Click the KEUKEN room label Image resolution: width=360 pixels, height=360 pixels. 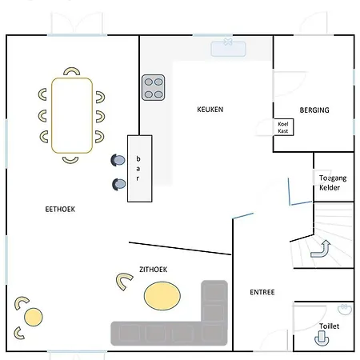point(210,110)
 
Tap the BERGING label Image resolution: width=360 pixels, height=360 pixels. point(314,110)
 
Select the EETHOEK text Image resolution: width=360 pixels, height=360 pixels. point(60,210)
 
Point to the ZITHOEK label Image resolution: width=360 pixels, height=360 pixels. point(154,270)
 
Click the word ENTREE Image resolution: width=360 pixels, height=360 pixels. point(262,292)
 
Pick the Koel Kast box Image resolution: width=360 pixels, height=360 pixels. point(284,127)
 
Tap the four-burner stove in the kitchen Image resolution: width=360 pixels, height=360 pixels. point(153,87)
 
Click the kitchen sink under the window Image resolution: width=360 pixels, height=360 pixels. point(228,49)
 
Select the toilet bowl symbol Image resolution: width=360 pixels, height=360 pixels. point(322,338)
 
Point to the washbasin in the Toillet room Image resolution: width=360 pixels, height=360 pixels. point(345,310)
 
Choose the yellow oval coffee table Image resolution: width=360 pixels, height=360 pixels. point(162,296)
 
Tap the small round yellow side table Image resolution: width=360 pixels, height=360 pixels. point(34,317)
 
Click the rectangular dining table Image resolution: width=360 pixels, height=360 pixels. point(72,115)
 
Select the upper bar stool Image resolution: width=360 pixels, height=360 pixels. point(118,160)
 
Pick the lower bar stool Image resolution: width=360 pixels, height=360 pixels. point(118,184)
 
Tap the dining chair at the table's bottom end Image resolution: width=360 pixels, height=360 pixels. point(70,160)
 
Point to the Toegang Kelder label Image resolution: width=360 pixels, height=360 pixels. point(333,182)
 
